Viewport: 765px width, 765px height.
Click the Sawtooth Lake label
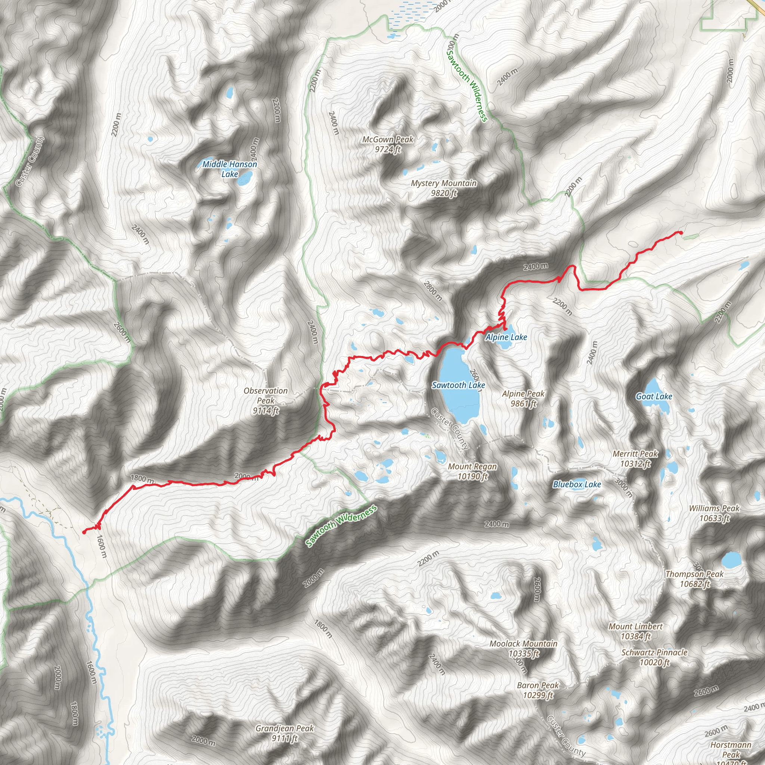point(458,385)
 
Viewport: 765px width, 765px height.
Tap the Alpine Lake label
point(506,337)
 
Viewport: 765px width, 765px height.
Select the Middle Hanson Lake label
point(230,169)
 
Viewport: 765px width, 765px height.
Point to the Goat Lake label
point(654,396)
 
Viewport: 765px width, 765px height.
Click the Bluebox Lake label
point(577,484)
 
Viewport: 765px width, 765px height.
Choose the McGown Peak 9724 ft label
point(388,144)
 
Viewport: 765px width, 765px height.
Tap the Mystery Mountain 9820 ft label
point(443,188)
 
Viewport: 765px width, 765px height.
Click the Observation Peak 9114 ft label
point(266,400)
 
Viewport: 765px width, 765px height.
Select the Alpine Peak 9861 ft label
point(523,398)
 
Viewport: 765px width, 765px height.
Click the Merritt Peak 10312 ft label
point(635,459)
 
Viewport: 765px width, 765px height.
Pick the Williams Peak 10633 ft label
point(714,513)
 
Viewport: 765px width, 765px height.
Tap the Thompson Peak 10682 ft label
point(694,579)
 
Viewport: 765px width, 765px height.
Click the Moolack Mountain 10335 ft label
point(523,648)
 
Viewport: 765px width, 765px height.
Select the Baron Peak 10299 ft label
point(538,690)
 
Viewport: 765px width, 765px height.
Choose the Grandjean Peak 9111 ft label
point(284,733)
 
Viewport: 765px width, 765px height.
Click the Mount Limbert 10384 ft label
point(635,631)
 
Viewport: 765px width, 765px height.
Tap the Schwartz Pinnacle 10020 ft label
point(654,657)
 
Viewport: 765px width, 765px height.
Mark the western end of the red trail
point(84,532)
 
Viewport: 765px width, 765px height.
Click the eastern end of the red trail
point(681,232)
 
